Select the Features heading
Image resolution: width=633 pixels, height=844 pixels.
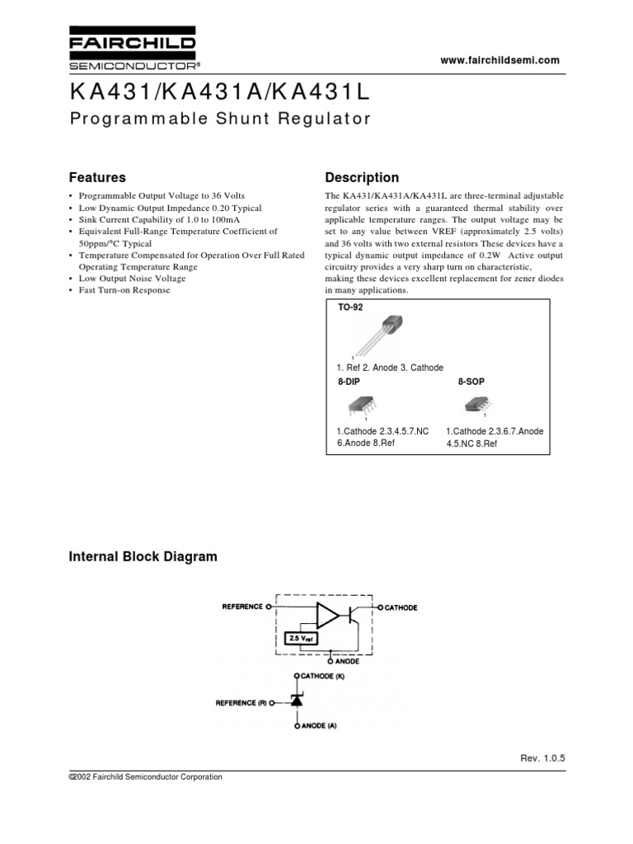tap(96, 177)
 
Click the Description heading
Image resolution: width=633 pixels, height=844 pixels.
tap(362, 177)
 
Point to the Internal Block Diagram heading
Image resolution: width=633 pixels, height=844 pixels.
tap(142, 556)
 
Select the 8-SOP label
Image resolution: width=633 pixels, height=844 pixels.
tap(471, 383)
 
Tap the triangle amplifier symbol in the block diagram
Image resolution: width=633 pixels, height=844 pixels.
tap(327, 614)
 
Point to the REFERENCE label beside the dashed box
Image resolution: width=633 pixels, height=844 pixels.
tap(241, 607)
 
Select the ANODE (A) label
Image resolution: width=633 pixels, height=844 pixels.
tap(322, 726)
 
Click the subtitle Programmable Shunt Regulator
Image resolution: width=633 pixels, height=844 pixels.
tap(219, 119)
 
